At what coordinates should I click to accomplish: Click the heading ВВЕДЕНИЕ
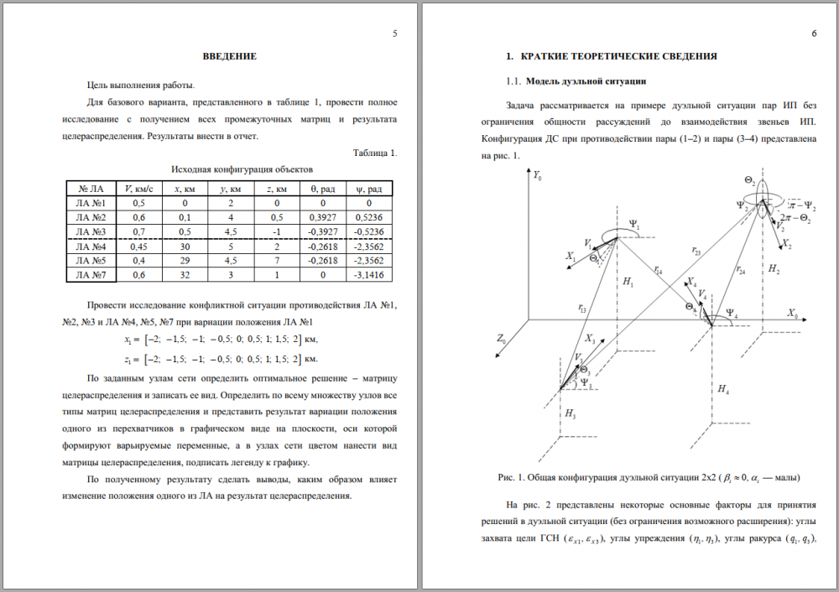[x=229, y=56]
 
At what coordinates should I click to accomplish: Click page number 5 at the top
[x=394, y=34]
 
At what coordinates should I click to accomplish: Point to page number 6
[x=814, y=34]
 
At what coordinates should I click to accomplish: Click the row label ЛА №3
[x=90, y=231]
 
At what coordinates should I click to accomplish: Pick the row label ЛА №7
[x=90, y=274]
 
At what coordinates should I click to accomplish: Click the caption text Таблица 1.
[x=375, y=153]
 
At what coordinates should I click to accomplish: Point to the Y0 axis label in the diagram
[x=538, y=177]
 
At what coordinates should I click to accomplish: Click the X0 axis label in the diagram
[x=793, y=312]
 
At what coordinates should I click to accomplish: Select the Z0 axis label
[x=501, y=339]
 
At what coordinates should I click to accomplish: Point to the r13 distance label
[x=582, y=309]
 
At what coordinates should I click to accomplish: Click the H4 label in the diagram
[x=723, y=390]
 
